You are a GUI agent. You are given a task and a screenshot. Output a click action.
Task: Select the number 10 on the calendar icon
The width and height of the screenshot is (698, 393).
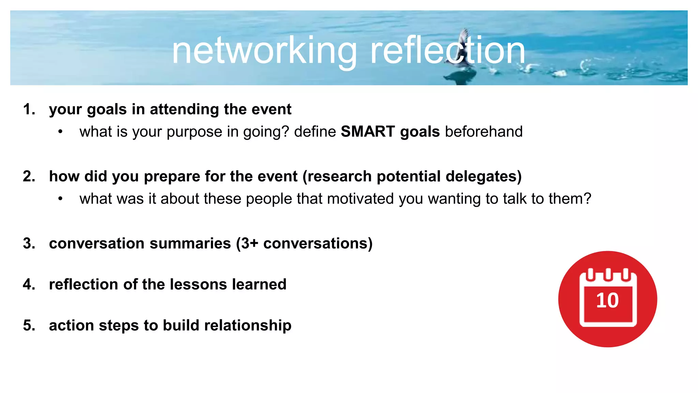tap(607, 301)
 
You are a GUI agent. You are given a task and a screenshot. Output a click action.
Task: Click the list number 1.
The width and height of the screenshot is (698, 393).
tap(29, 110)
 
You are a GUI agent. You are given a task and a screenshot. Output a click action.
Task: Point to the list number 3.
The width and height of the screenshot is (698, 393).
tap(29, 244)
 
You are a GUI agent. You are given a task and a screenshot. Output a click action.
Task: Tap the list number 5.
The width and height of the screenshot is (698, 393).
tap(29, 325)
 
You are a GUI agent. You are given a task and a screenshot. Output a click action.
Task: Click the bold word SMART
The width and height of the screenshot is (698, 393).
tap(368, 132)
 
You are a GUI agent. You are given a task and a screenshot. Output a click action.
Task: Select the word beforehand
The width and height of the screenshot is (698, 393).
tap(484, 132)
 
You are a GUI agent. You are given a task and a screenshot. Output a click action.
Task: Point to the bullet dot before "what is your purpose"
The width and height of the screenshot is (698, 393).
tap(60, 132)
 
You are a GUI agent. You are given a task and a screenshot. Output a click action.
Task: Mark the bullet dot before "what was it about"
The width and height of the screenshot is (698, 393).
tap(60, 199)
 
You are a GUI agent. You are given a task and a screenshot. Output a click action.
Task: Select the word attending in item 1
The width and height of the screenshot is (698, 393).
tap(184, 110)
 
